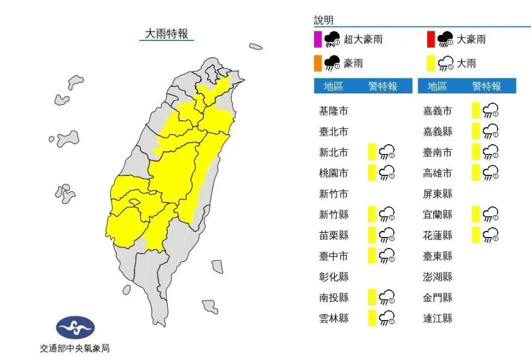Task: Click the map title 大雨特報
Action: click(x=166, y=34)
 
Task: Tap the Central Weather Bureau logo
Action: click(x=75, y=328)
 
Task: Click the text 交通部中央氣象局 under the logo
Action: click(x=75, y=348)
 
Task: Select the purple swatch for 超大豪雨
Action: click(x=318, y=40)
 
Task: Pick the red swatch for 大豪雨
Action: click(x=431, y=40)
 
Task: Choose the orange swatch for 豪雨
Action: click(x=318, y=63)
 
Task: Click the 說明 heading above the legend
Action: click(x=323, y=21)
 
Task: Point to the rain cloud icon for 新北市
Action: click(x=386, y=152)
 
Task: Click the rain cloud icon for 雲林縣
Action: click(x=386, y=318)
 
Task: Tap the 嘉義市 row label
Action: click(x=437, y=111)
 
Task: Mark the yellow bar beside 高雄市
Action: click(x=475, y=173)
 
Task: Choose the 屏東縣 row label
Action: click(x=437, y=194)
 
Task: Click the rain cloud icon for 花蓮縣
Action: click(x=490, y=235)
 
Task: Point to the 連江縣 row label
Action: click(x=437, y=318)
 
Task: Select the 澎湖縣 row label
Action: click(x=437, y=277)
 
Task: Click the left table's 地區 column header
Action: click(x=334, y=86)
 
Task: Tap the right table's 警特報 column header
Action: click(x=486, y=86)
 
